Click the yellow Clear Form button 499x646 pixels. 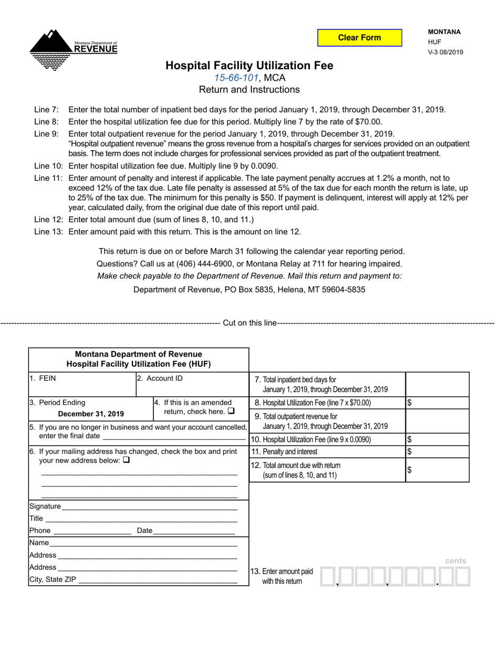[359, 38]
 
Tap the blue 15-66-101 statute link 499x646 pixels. [236, 78]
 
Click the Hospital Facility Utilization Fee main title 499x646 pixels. [249, 66]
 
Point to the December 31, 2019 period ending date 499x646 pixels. [91, 413]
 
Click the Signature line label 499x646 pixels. [45, 506]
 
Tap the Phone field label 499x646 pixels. [40, 530]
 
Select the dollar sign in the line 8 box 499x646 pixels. [410, 403]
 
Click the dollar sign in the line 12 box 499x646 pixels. [410, 471]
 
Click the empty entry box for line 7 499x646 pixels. [437, 384]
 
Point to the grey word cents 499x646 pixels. [455, 561]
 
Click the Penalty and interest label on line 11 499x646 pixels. [284, 452]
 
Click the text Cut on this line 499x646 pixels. [250, 323]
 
